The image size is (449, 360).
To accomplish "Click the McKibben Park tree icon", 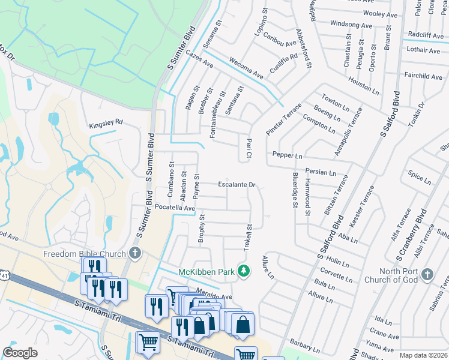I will (x=244, y=271).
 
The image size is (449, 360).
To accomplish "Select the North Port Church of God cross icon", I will (x=427, y=274).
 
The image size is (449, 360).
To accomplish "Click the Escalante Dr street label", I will (x=237, y=185).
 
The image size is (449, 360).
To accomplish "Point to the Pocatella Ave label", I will (x=175, y=208).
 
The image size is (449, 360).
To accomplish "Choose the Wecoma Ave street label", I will (x=246, y=68).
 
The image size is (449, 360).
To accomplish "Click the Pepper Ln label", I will (x=287, y=155).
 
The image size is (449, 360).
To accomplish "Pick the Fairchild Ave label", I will (x=423, y=76).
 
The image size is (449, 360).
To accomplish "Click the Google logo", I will (x=20, y=353).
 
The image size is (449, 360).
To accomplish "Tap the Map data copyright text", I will (x=424, y=355).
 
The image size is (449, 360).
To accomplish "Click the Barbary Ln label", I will (x=305, y=345).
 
